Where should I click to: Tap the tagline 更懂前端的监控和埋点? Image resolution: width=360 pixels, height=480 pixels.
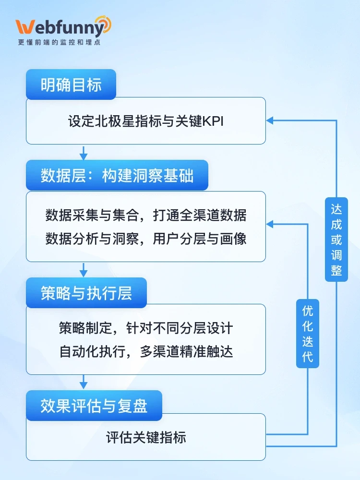59,42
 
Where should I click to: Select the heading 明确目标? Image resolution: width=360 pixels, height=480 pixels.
71,85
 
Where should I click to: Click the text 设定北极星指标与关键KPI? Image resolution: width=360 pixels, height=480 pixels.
146,121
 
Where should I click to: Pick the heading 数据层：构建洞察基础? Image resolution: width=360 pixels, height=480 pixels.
117,176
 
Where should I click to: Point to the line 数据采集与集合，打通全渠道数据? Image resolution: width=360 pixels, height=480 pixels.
146,215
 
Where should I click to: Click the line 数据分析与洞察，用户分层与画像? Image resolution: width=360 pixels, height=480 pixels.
146,239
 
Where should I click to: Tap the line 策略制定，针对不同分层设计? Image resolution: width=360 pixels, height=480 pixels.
146,328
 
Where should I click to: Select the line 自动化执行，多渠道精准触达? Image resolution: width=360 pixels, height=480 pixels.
146,352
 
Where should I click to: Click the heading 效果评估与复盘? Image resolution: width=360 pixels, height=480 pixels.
94,406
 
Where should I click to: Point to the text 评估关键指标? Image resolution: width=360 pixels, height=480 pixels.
146,437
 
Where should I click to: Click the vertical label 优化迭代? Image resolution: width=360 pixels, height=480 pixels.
308,334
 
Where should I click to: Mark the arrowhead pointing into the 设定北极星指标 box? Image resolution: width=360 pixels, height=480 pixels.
270,120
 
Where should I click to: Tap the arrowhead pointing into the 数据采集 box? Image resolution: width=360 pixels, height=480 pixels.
270,224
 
